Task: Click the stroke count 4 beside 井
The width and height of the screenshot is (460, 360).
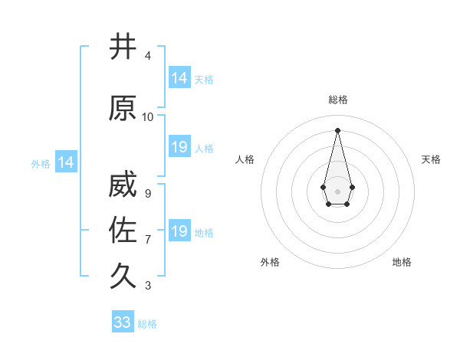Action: point(147,56)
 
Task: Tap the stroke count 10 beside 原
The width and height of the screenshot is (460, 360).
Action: point(147,117)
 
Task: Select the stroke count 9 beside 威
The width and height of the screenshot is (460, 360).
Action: point(147,194)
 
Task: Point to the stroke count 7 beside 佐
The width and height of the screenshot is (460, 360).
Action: point(147,240)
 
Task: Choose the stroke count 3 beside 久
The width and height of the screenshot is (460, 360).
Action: point(147,286)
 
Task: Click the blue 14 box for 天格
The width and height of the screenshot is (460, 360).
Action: point(179,78)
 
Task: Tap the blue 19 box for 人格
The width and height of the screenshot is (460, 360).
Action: point(179,147)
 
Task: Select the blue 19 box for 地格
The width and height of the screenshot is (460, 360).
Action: point(179,231)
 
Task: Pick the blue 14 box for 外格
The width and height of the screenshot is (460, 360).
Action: point(65,162)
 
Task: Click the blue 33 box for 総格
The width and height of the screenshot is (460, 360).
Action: point(123,322)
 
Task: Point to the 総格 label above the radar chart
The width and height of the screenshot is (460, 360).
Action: point(338,100)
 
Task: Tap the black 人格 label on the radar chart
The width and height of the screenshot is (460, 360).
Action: point(245,159)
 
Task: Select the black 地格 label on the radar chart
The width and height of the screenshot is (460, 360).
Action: point(402,262)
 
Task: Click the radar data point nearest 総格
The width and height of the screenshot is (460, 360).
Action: point(337,129)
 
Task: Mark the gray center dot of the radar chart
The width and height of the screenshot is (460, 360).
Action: point(337,191)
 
